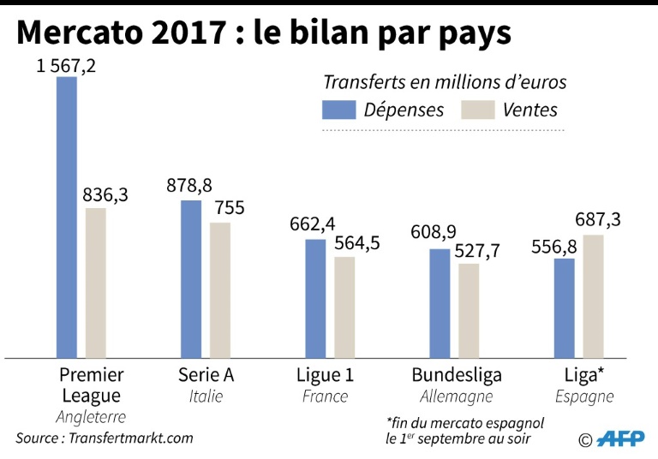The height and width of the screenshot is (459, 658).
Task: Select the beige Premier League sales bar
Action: [96, 283]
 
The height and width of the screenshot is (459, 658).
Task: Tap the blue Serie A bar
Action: [191, 278]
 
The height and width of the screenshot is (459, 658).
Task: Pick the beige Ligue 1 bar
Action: [344, 307]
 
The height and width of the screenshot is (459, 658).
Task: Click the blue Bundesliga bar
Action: [440, 303]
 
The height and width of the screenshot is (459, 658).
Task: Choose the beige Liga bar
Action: [593, 296]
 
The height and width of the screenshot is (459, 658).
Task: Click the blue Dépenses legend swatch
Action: [338, 110]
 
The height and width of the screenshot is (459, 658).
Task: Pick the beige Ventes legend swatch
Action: [477, 110]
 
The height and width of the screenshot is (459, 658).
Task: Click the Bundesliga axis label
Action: [457, 375]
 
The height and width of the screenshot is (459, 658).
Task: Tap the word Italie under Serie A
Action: [206, 396]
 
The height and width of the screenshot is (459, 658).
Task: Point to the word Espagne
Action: [584, 396]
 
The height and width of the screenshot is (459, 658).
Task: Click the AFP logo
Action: [620, 438]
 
